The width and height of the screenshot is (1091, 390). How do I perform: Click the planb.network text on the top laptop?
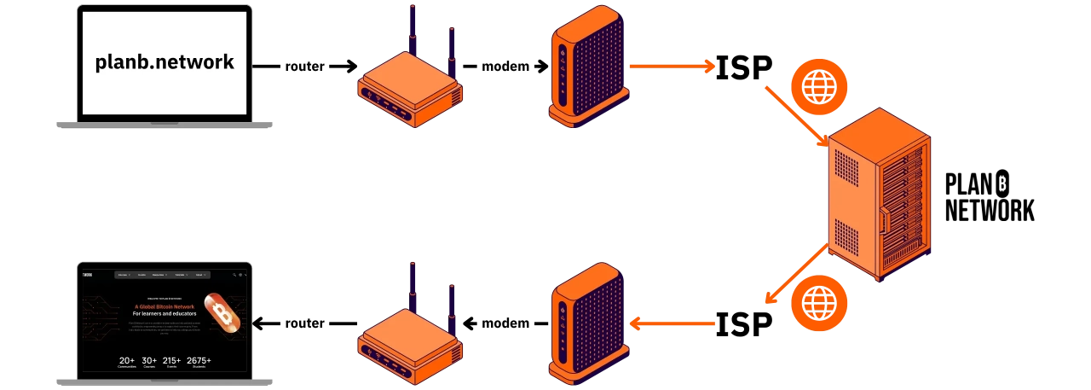click(x=165, y=62)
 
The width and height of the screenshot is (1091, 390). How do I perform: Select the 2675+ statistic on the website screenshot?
click(x=199, y=361)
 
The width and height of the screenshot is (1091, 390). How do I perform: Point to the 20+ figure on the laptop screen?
click(x=128, y=361)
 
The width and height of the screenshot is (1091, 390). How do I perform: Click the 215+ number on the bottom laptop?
click(x=172, y=361)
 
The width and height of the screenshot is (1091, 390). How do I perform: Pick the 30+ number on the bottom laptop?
click(x=149, y=361)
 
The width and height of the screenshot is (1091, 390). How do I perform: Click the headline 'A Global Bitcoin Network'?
click(x=165, y=306)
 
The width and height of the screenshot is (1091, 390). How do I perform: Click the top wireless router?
click(x=409, y=90)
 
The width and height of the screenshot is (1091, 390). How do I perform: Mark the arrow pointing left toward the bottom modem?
click(x=673, y=323)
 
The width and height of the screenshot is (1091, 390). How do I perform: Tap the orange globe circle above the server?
click(x=820, y=88)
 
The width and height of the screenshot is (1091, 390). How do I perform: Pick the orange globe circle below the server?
click(x=820, y=304)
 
